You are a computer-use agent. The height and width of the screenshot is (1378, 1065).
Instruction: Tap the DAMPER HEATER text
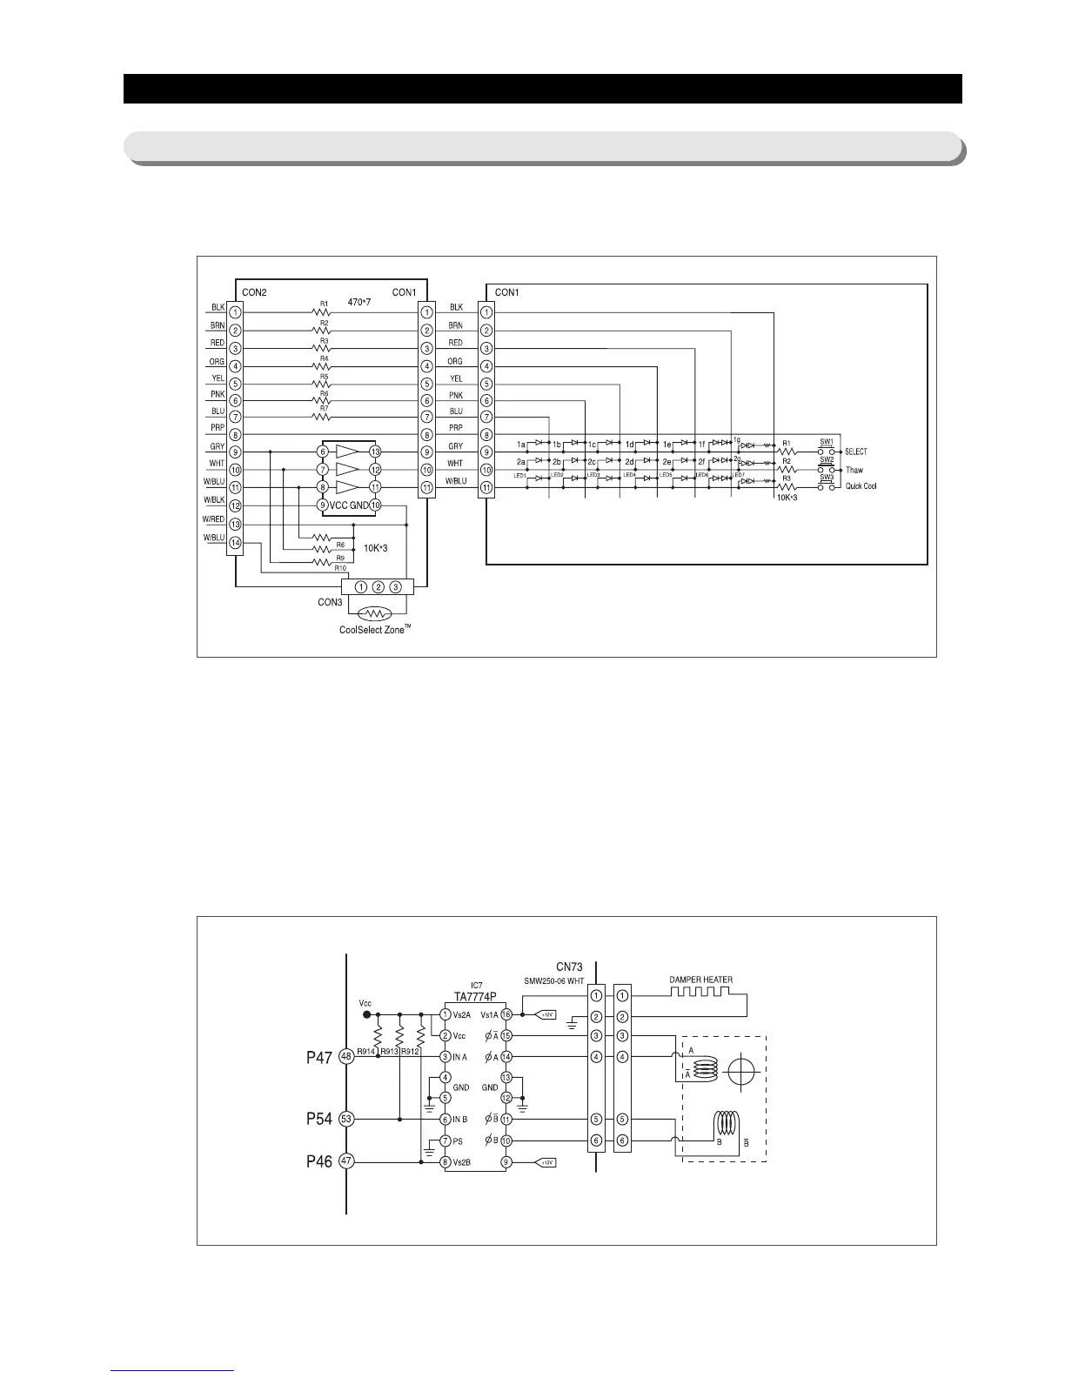[700, 980]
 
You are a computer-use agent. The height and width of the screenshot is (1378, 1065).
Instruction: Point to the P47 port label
[319, 1057]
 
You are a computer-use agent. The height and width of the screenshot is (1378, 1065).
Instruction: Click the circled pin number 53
[345, 1119]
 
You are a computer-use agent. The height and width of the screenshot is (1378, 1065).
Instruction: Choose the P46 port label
[319, 1161]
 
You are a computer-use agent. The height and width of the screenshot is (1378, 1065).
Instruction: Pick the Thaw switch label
[854, 470]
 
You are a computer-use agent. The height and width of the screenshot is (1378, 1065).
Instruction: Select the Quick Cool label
[861, 486]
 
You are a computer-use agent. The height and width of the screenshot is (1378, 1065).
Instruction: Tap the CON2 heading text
[253, 292]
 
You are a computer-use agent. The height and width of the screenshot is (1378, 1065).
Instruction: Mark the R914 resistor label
[367, 1051]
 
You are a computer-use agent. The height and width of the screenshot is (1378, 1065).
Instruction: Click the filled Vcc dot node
[366, 1014]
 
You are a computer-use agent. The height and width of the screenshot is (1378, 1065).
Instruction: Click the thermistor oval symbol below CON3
[375, 612]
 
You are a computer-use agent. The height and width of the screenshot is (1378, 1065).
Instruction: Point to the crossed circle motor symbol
[740, 1071]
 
